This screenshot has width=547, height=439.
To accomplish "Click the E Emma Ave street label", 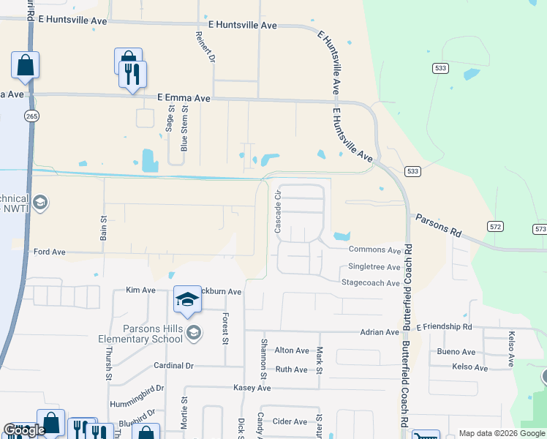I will click(x=184, y=97).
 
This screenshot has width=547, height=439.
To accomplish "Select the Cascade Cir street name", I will click(x=278, y=212).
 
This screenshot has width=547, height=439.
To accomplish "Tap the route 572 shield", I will click(x=496, y=227).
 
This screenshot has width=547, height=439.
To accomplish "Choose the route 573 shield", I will click(x=540, y=229).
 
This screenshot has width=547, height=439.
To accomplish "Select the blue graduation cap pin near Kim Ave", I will click(x=187, y=300).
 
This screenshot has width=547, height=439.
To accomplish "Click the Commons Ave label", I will click(x=375, y=250).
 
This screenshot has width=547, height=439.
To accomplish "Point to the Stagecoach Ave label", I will click(x=371, y=283).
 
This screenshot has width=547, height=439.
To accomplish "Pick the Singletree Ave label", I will click(x=374, y=267).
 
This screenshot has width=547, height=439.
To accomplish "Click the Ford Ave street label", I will click(x=50, y=252).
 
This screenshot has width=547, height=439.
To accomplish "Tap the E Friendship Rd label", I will click(x=445, y=326).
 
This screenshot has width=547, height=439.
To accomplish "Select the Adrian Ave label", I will click(x=380, y=332).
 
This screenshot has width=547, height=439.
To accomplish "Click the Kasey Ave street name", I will click(x=252, y=388).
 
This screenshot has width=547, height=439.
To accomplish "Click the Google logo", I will click(x=24, y=430).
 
